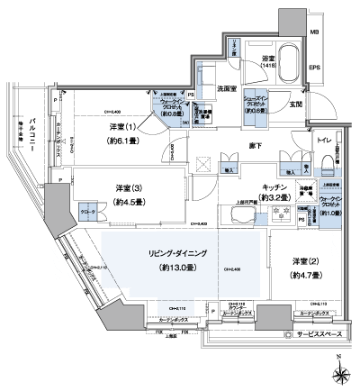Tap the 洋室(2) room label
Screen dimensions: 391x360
[x=304, y=261]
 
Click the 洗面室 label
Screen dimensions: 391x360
[x=227, y=88]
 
